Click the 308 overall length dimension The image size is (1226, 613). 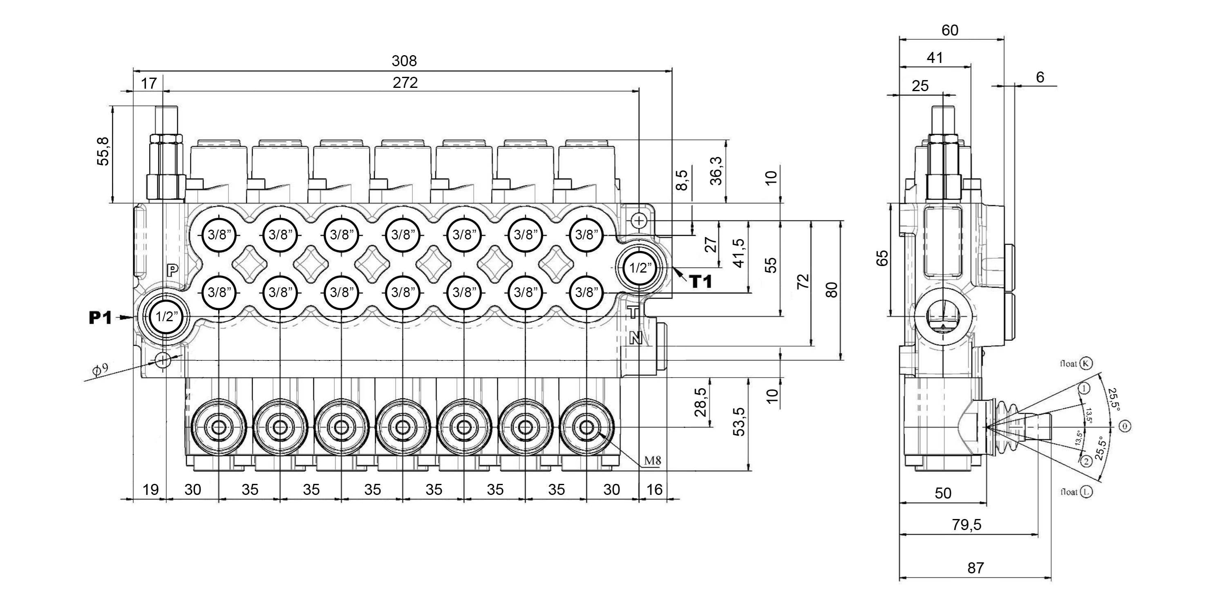click(x=404, y=61)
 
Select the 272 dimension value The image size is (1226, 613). click(x=405, y=83)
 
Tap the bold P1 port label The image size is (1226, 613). click(x=101, y=318)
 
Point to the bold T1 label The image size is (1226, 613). click(x=701, y=282)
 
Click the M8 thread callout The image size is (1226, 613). click(x=653, y=460)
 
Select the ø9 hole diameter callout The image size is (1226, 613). click(x=101, y=369)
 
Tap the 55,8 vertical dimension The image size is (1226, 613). click(x=103, y=151)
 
